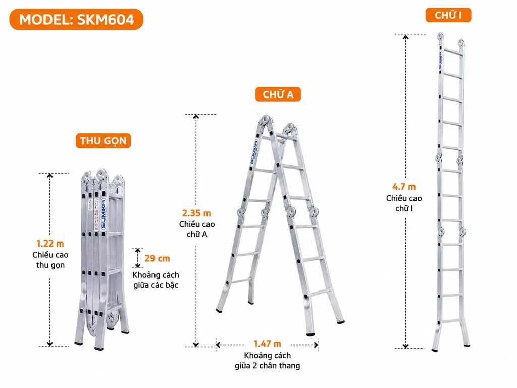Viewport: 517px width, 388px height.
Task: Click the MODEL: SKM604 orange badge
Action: tap(76, 20)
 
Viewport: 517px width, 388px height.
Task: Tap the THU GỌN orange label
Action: tap(103, 141)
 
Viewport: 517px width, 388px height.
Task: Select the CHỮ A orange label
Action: tap(278, 94)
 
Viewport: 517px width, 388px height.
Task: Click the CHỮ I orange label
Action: tap(448, 15)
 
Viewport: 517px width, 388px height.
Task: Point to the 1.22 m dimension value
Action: tap(50, 244)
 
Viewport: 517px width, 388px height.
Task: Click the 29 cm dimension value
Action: tap(158, 258)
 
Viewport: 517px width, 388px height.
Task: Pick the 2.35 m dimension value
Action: tap(196, 213)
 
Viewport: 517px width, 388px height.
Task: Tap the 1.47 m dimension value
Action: tap(268, 344)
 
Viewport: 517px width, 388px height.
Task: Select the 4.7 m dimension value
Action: tap(404, 187)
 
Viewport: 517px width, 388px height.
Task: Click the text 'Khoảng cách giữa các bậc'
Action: tap(156, 280)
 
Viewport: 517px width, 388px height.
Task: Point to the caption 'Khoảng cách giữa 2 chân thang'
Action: tap(268, 361)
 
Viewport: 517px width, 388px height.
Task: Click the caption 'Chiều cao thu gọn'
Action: tap(50, 260)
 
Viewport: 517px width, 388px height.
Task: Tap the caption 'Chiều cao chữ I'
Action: tap(404, 203)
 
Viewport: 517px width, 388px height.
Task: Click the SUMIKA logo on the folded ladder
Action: tap(104, 214)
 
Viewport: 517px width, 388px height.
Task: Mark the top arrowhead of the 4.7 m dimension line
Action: tap(406, 36)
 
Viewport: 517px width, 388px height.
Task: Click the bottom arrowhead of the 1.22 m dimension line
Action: tap(50, 344)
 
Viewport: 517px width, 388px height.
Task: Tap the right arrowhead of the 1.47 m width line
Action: tap(316, 345)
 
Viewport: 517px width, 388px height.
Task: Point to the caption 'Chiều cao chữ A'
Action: tap(197, 229)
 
